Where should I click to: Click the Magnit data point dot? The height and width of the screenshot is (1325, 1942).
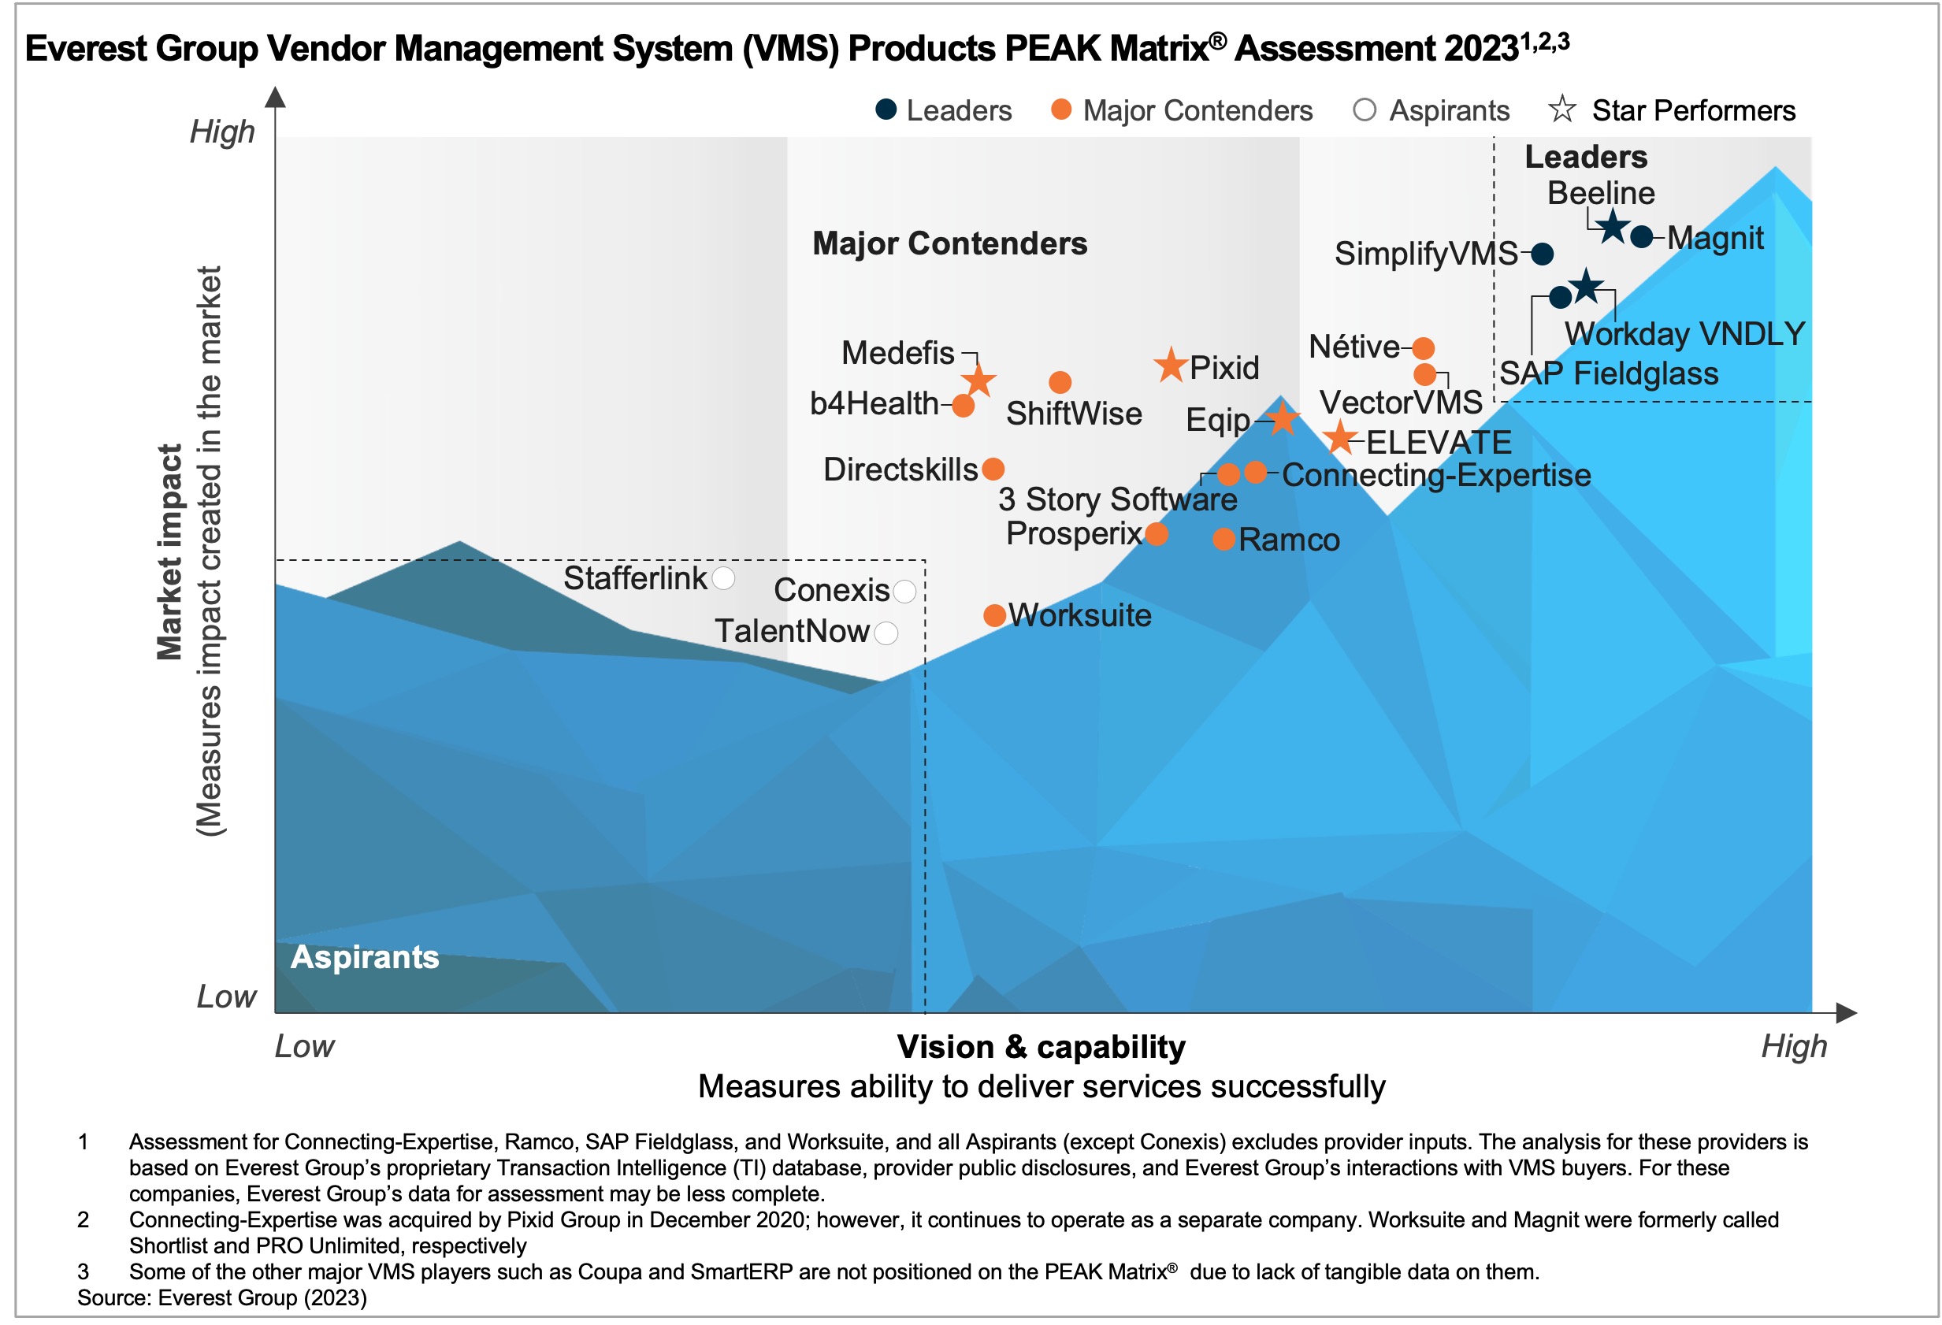[1641, 237]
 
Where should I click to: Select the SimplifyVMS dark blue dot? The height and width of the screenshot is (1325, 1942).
[1543, 254]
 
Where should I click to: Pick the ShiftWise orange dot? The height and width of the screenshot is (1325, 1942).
[1060, 383]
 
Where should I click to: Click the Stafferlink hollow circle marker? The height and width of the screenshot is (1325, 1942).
[724, 578]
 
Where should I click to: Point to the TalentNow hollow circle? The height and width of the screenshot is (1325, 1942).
[886, 633]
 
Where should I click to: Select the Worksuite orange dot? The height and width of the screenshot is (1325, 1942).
[994, 617]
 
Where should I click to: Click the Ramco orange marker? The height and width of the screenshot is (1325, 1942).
[1224, 540]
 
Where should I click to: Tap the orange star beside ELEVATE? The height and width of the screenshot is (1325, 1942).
[1340, 438]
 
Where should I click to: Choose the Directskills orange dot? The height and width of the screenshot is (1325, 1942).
[993, 470]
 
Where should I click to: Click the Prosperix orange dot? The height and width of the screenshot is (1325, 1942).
[1157, 534]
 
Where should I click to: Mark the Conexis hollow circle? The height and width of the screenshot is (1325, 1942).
[904, 592]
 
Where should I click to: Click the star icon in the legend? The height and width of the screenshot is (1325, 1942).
[1561, 109]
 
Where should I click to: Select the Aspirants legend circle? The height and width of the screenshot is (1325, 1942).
[1364, 109]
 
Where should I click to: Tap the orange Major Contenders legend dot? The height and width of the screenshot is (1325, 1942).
[1061, 109]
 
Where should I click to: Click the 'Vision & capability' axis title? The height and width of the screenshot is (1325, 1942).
[1042, 1047]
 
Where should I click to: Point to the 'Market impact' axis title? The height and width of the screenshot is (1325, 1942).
[169, 551]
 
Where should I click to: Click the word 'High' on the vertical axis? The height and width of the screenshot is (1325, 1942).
[221, 132]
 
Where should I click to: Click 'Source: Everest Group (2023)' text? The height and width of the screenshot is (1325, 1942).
[222, 1297]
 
